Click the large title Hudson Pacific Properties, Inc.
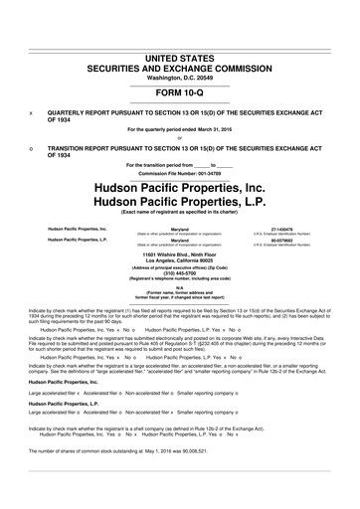tap(180, 188)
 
